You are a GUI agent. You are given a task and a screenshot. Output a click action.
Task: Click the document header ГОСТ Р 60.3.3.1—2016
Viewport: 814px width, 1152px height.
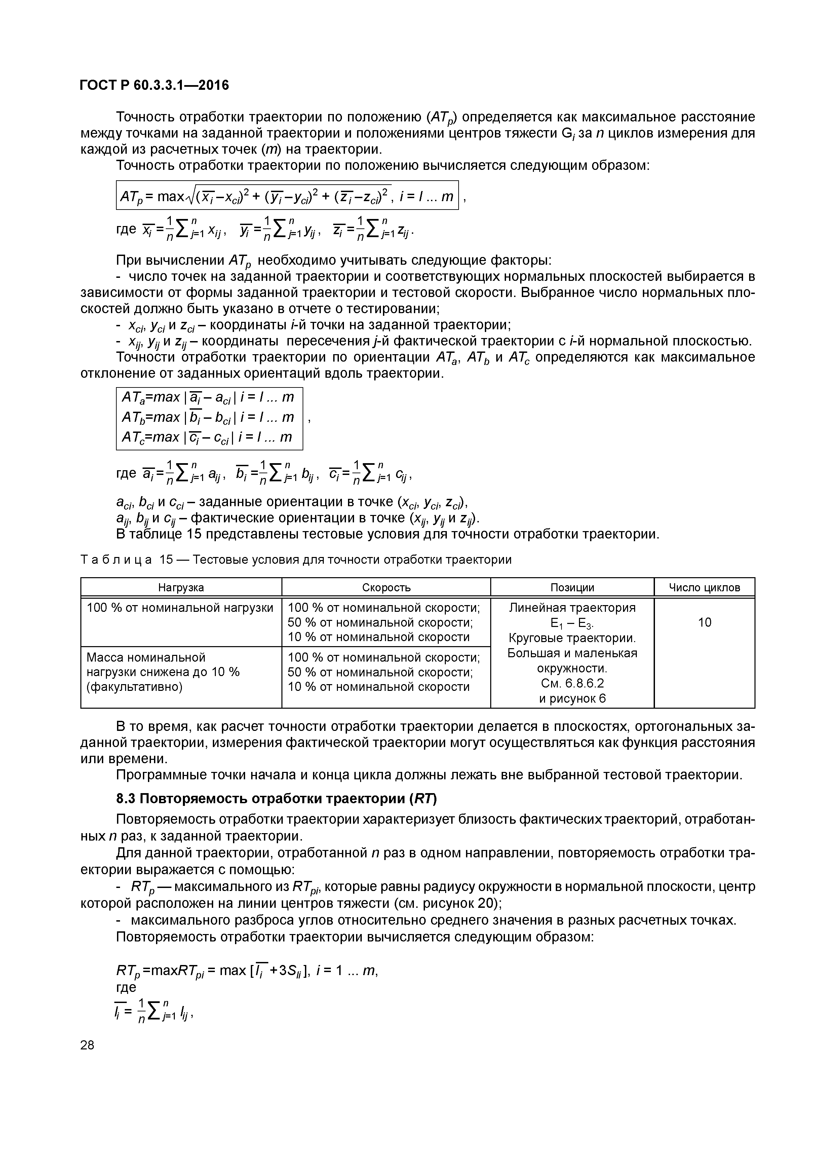pyautogui.click(x=154, y=85)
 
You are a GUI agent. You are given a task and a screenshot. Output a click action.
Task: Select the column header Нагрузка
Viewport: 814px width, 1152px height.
pyautogui.click(x=181, y=587)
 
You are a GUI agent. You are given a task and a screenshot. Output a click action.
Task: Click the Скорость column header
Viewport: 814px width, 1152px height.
pyautogui.click(x=386, y=587)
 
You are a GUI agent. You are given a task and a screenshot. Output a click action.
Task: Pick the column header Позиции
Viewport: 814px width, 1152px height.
pyautogui.click(x=572, y=587)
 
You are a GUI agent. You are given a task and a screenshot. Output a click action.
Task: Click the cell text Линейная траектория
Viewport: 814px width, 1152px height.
pyautogui.click(x=572, y=607)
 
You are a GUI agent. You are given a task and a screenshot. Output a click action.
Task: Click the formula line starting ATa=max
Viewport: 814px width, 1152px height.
pyautogui.click(x=208, y=397)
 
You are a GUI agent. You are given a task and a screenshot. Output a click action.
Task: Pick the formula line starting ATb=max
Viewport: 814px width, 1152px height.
pyautogui.click(x=208, y=417)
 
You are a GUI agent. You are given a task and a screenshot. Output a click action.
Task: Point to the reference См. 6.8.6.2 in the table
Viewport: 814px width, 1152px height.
pyautogui.click(x=572, y=683)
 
